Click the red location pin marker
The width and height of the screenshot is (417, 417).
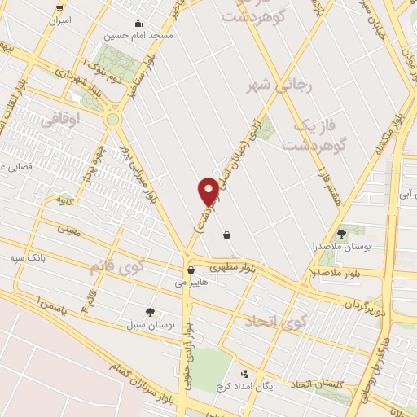209,191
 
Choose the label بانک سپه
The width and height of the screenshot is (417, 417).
27,257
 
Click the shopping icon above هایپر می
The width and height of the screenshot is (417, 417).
191,270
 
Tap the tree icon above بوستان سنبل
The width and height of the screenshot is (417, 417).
150,311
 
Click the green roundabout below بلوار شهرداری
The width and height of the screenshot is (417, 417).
113,120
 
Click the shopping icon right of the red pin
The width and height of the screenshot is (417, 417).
226,235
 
